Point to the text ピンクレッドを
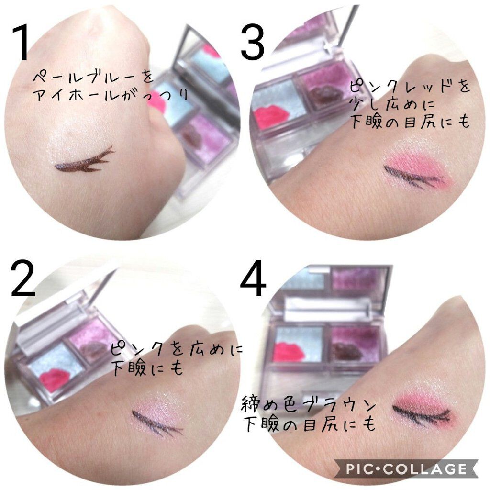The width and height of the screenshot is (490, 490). (409, 88)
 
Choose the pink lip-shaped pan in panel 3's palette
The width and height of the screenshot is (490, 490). (270, 116)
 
